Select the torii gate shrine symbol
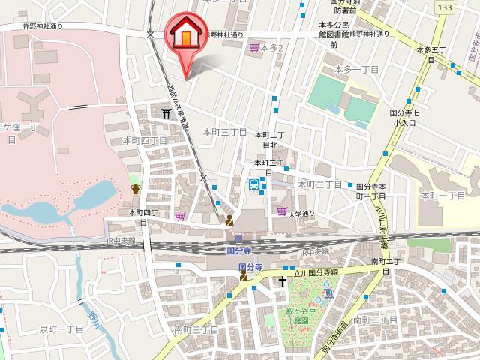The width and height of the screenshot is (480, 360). (165, 112)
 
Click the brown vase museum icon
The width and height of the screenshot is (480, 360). (136, 188)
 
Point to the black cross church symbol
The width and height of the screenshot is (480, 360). (283, 281)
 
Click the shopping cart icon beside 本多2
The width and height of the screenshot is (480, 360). (254, 46)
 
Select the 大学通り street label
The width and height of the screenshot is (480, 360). (302, 214)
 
